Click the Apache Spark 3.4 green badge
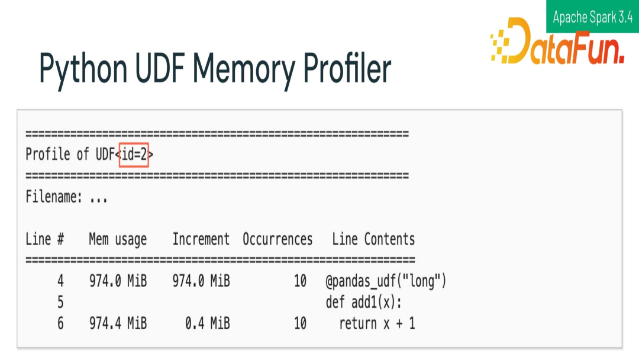click(592, 17)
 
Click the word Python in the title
click(83, 69)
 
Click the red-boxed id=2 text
click(134, 155)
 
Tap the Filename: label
click(54, 197)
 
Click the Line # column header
click(45, 239)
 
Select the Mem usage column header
click(118, 239)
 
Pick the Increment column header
click(201, 239)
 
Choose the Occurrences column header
click(277, 239)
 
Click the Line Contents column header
click(373, 239)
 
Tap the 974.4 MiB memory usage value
click(118, 323)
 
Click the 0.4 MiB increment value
click(207, 323)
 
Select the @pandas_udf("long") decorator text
click(386, 281)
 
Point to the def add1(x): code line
click(363, 302)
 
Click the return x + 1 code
click(377, 323)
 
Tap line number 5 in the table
click(60, 302)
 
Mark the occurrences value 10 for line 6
click(301, 323)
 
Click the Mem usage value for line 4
click(118, 281)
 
